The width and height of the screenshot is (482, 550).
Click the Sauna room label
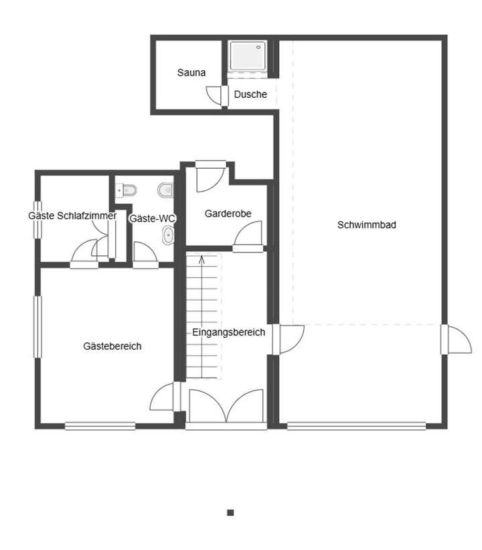pyautogui.click(x=191, y=72)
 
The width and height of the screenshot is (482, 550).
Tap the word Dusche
pyautogui.click(x=250, y=94)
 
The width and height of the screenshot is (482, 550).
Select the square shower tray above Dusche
pyautogui.click(x=248, y=56)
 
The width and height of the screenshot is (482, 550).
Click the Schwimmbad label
pyautogui.click(x=366, y=225)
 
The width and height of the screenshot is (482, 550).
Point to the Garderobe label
pyautogui.click(x=228, y=214)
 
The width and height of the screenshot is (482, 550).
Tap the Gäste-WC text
pyautogui.click(x=152, y=218)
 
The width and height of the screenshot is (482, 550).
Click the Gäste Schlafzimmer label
pyautogui.click(x=72, y=216)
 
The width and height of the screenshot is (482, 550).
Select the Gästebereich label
pyautogui.click(x=112, y=346)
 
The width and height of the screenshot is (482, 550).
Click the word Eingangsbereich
pyautogui.click(x=228, y=332)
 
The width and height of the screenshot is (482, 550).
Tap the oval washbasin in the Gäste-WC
pyautogui.click(x=168, y=234)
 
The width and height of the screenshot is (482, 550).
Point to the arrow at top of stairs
pyautogui.click(x=202, y=259)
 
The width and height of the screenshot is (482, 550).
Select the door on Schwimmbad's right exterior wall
pyautogui.click(x=455, y=340)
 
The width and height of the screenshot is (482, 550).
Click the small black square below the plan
pyautogui.click(x=230, y=512)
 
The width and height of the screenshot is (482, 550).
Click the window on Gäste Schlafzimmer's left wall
pyautogui.click(x=38, y=219)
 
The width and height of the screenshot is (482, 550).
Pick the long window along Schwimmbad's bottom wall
pyautogui.click(x=356, y=425)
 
